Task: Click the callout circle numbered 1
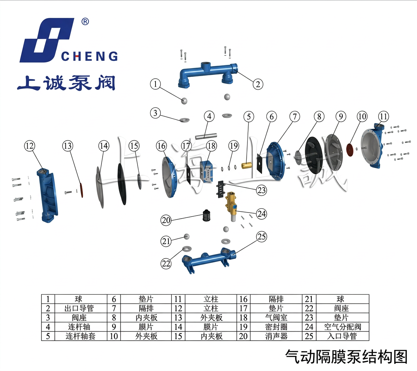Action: (155, 84)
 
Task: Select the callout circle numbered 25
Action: (261, 237)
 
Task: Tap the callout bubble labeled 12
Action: (30, 145)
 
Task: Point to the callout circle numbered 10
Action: (362, 116)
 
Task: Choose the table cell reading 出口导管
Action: (79, 308)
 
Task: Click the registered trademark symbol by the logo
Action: (85, 22)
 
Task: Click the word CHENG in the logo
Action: (89, 57)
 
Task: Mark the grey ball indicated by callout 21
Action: (186, 236)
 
